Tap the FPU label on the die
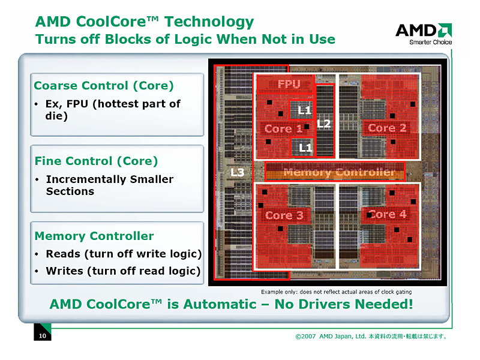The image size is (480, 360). point(289,85)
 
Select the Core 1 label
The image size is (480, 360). point(283,129)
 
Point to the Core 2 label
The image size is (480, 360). point(387,128)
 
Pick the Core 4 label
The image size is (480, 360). point(388,214)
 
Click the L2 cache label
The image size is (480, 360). point(323,124)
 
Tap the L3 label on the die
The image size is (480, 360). point(238,173)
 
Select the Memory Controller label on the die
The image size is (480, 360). point(339,173)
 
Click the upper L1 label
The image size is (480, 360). point(305,110)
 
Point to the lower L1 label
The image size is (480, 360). point(305,147)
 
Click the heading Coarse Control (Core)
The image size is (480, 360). point(104,86)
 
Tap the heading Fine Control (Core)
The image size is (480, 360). point(96,161)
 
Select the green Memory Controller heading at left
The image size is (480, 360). point(94,236)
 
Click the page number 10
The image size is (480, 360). point(42,336)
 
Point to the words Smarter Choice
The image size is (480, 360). point(430,42)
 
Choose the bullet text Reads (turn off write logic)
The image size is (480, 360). point(124,254)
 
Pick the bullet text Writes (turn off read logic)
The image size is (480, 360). point(123,271)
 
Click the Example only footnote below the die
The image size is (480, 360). point(336,292)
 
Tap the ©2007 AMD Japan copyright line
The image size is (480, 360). point(371,336)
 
